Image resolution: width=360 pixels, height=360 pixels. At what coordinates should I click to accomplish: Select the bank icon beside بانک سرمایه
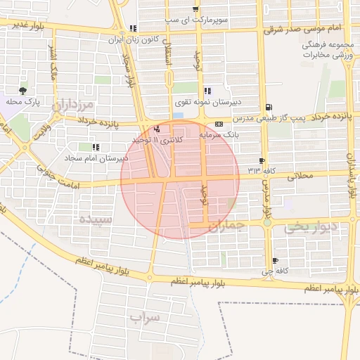[219, 123]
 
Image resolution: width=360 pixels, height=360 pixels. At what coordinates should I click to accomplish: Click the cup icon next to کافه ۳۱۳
[262, 161]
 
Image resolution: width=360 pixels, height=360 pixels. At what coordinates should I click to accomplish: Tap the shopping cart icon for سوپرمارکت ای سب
[195, 9]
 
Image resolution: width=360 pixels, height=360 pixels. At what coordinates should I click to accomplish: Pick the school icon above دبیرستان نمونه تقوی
[206, 91]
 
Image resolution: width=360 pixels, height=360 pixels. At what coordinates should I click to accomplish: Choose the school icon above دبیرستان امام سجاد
[95, 147]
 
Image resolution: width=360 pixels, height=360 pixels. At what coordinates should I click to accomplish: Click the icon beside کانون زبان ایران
[133, 29]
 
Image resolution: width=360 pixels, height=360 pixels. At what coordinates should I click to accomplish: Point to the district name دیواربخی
[307, 228]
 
